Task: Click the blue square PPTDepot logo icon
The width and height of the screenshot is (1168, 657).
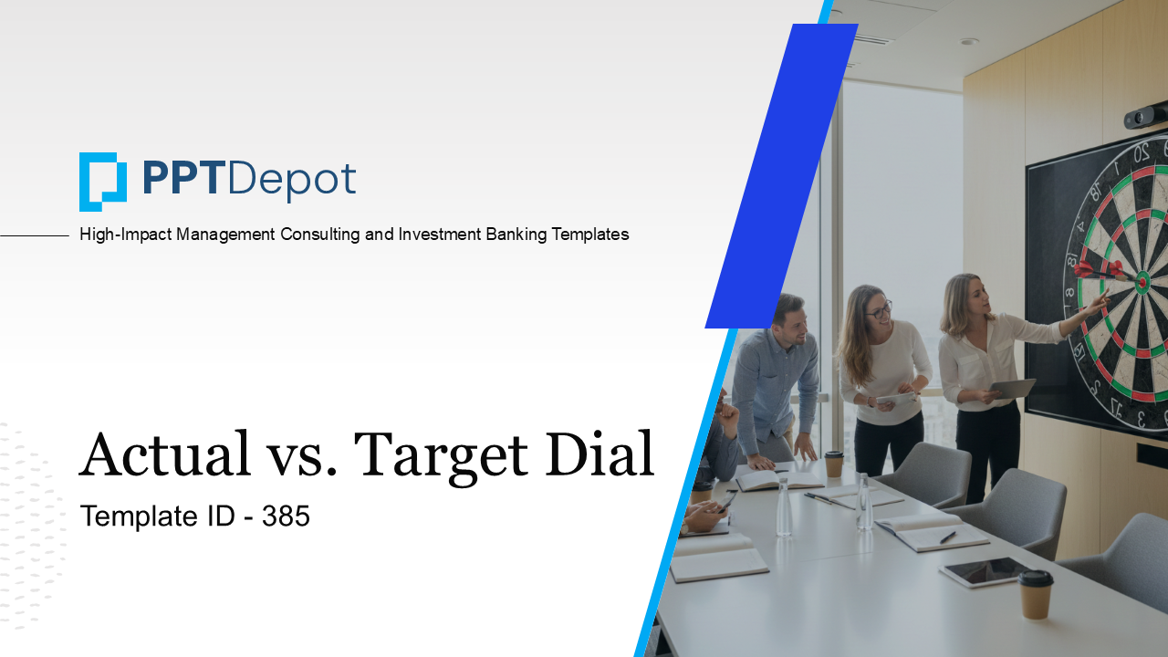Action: [102, 181]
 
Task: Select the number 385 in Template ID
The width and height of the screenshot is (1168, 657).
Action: [287, 516]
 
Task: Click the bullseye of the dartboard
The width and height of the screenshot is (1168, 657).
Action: [1142, 283]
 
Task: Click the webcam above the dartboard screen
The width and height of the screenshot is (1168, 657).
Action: [1145, 116]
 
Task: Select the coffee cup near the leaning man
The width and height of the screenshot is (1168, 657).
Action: [833, 464]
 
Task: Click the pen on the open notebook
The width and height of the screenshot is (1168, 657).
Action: [948, 537]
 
